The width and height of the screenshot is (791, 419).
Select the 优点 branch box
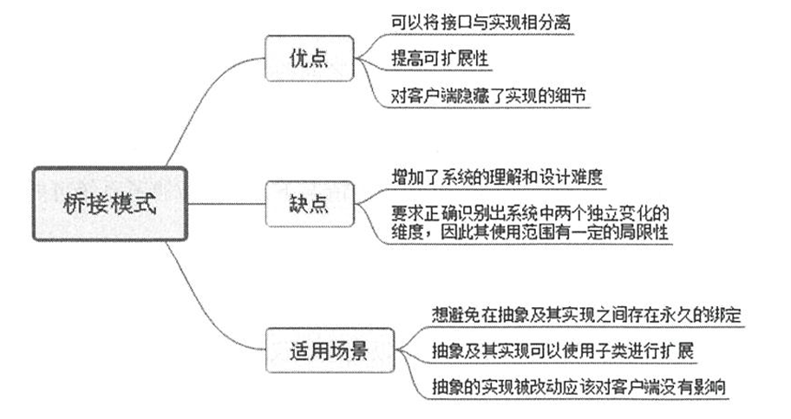pos(309,59)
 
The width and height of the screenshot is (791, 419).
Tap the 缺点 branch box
pos(309,203)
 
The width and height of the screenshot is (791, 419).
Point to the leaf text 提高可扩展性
pos(440,58)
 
